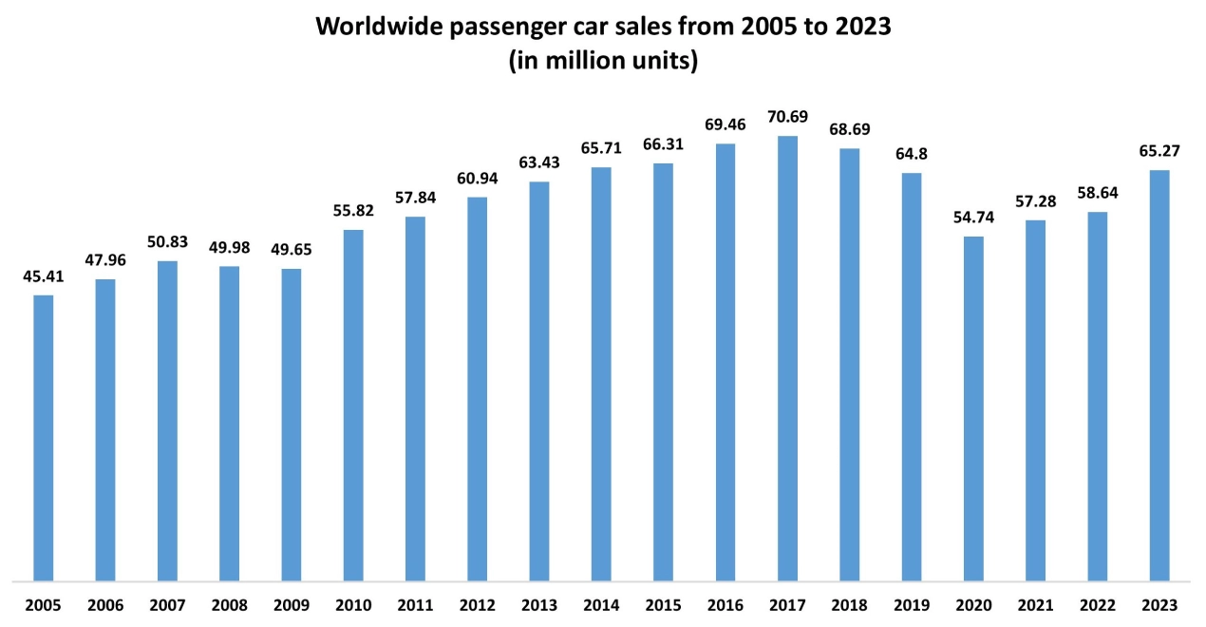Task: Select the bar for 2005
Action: [x=44, y=437]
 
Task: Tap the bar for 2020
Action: [x=973, y=408]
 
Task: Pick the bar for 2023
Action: [x=1159, y=374]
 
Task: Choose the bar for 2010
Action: [x=353, y=404]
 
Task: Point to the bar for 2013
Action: [x=539, y=380]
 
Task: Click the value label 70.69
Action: [x=787, y=117]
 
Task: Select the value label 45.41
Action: [x=44, y=276]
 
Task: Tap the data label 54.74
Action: [x=973, y=218]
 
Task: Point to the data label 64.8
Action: [x=912, y=154]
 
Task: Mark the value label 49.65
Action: [x=292, y=250]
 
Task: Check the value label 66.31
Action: [x=664, y=144]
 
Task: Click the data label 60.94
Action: [x=478, y=179]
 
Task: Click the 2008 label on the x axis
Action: [x=230, y=605]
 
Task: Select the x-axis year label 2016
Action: [x=725, y=605]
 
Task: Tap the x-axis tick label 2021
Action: [x=1035, y=605]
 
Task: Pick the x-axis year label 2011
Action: [x=415, y=605]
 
